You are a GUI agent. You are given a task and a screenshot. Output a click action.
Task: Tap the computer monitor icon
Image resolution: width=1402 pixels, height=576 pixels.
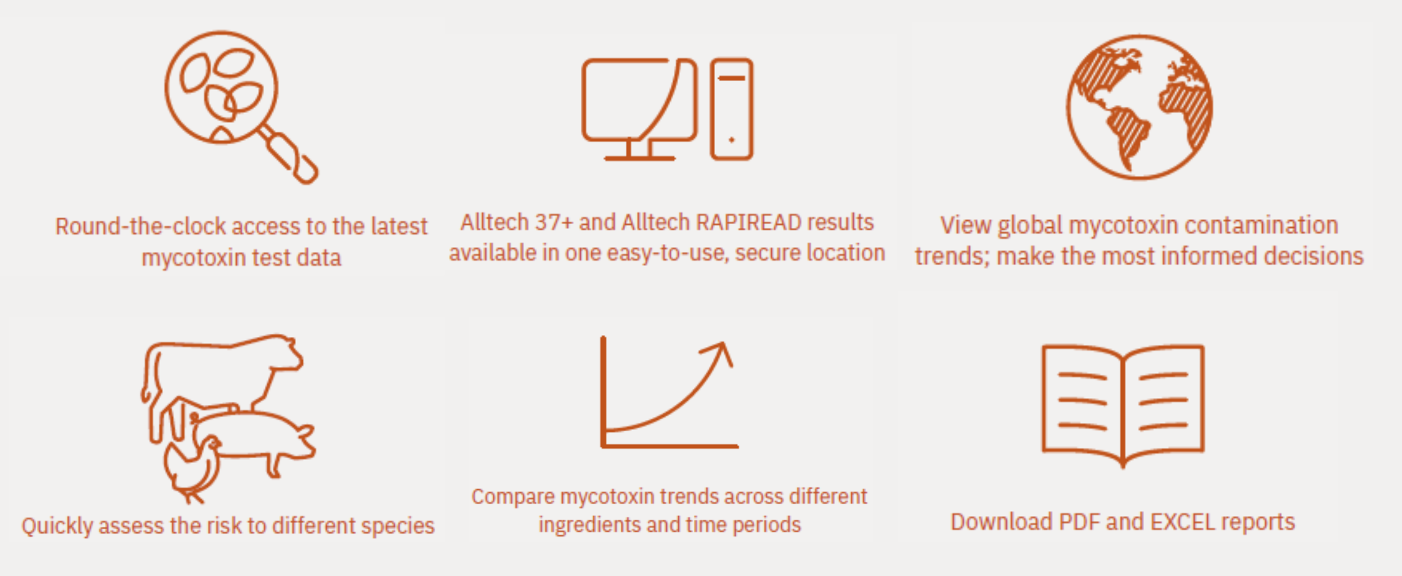pos(639,109)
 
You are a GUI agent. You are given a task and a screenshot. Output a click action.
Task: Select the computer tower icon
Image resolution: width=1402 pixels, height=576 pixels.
pos(731,109)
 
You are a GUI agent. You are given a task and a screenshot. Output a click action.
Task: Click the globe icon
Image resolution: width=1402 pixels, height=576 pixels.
pos(1139,107)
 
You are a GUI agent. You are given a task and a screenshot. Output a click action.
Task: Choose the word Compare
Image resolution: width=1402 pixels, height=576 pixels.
pos(513,497)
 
